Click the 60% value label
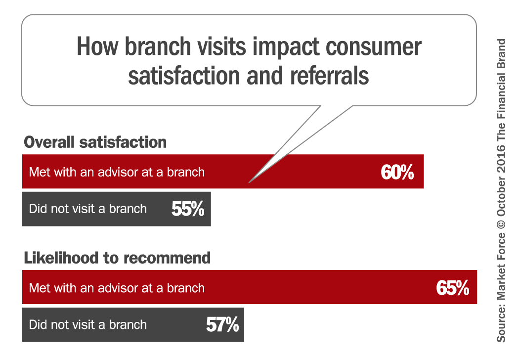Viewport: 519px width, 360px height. pos(397,172)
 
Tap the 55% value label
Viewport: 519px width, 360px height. pos(188,209)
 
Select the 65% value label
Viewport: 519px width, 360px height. pos(452,287)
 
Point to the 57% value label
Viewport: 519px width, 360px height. pos(222,324)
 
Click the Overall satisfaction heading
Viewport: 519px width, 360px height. pos(95,142)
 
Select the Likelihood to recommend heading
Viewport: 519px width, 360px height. pos(117,258)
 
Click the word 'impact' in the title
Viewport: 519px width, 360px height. pos(286,47)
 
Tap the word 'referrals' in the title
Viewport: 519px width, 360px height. pos(329,76)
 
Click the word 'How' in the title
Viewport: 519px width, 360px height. pos(97,46)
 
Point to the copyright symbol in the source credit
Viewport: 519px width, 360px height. pos(501,224)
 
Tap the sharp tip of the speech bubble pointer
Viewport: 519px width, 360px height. pos(249,182)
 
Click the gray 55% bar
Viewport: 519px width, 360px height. pos(117,209)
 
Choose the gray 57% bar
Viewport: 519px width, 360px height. pos(133,324)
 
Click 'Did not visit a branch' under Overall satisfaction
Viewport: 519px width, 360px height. pos(87,209)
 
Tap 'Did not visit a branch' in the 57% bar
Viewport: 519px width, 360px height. pos(87,324)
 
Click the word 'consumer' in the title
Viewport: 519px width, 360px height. pos(374,47)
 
